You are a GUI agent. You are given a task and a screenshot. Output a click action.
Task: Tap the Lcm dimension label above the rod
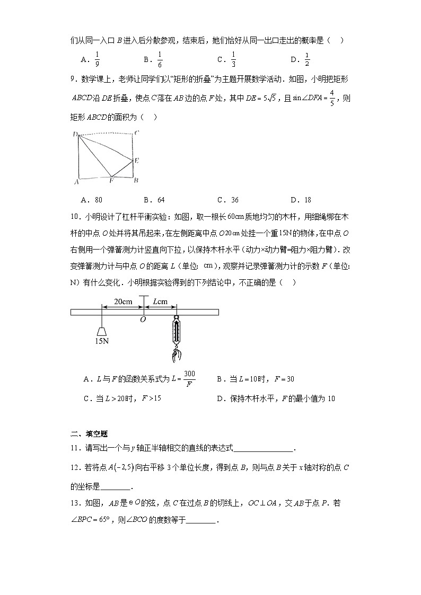(160, 301)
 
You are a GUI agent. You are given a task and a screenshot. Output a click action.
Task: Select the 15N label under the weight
(102, 341)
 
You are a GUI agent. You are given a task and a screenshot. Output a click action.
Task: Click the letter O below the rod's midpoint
(143, 319)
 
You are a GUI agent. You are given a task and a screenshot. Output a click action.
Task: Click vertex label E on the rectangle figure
(136, 159)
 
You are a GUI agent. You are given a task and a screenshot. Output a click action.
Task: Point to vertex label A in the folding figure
(77, 181)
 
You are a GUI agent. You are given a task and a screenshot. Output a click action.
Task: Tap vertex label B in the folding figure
(136, 181)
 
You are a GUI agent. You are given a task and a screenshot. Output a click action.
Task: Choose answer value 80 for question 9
(98, 200)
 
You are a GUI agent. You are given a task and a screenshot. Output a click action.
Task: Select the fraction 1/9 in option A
(97, 59)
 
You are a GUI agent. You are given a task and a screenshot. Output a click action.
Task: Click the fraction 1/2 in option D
(307, 59)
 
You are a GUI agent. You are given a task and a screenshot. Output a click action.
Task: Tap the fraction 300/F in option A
(189, 379)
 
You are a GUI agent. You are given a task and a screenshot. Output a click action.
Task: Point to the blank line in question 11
(263, 449)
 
